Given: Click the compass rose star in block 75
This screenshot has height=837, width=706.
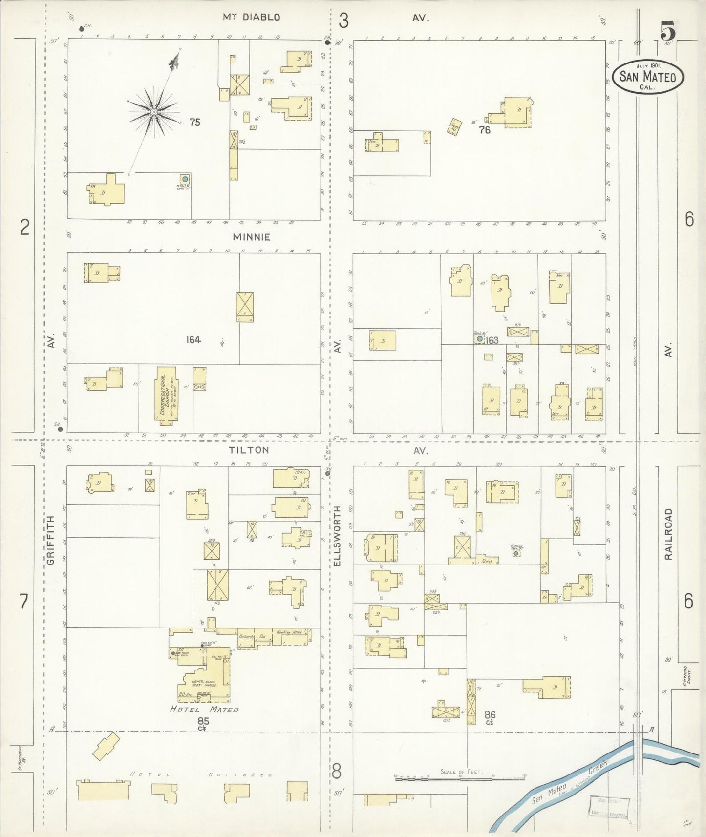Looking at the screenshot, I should pos(154,112).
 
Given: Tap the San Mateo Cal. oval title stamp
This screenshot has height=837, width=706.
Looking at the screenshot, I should pos(647,77).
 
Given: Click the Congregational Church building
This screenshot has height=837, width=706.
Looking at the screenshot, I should pos(167,394).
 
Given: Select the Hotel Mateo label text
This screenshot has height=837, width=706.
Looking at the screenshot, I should pos(204,710).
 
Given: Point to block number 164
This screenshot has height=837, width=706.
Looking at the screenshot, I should pos(193,339).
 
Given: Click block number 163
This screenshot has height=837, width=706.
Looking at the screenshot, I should pos(492,340).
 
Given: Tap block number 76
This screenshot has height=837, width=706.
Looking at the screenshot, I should pos(485,130).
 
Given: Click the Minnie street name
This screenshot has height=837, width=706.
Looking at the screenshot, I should pos(251,237).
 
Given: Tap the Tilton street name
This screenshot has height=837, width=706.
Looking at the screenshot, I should pos(250,450).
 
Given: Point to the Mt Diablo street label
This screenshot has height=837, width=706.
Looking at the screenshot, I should pos(251,17).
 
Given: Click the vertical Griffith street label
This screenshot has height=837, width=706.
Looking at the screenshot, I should pos(51,544).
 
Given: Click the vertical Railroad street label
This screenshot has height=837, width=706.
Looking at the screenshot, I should pos(668,534).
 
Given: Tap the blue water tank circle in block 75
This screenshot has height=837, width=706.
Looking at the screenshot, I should pos(185,179).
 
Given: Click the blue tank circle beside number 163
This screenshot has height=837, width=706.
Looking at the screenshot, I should pos(480,338).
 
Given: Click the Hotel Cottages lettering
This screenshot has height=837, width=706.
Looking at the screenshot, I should pos(200,775).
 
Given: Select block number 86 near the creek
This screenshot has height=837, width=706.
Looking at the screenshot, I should pos(490,715).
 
